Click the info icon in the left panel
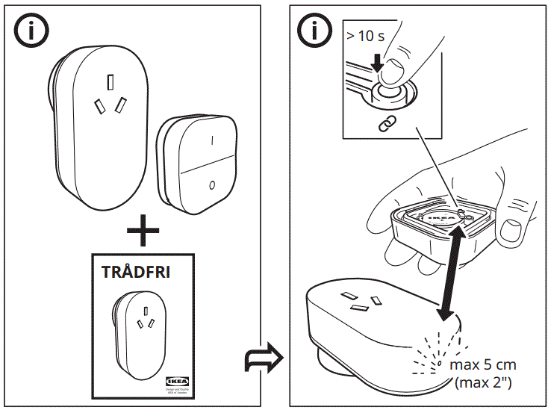(31, 31)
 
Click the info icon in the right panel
(314, 31)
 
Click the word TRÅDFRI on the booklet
(135, 272)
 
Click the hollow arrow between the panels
(264, 359)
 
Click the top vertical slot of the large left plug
(110, 81)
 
